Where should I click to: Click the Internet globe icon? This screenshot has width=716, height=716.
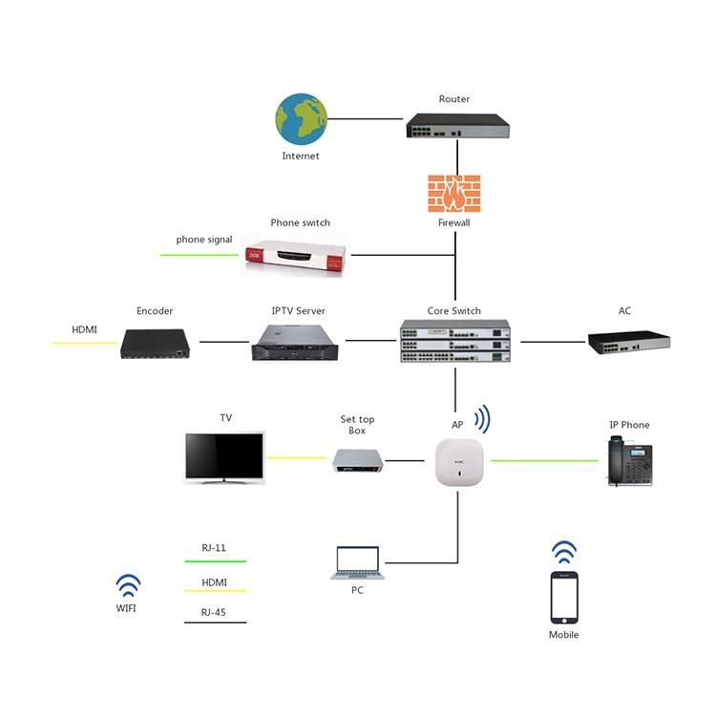pos(301,118)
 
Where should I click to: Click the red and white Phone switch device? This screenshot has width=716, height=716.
pos(294,255)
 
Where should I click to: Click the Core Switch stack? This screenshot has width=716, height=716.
pos(454,342)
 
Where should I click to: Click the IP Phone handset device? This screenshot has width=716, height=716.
pos(629,461)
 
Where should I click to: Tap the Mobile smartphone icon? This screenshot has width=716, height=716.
pos(564,598)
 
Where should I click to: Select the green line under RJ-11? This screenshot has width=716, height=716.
pos(215,561)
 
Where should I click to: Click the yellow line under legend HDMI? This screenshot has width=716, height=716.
pos(215,592)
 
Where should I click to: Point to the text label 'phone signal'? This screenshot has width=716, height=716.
pos(204,240)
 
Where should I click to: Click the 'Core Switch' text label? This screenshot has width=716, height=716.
pos(454,311)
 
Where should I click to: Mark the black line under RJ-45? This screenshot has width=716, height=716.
pos(215,623)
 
